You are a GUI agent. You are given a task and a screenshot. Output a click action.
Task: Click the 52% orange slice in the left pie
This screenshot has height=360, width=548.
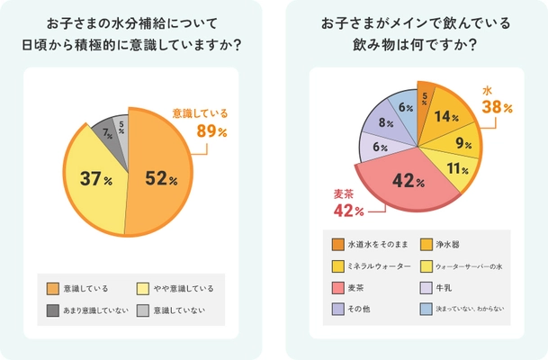(166, 180)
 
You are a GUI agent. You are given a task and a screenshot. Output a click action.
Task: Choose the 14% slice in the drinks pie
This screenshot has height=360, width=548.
(444, 116)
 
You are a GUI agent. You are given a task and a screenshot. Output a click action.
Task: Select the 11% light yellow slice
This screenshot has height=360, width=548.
(458, 168)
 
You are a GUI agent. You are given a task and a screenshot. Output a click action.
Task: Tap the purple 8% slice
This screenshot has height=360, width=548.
(385, 121)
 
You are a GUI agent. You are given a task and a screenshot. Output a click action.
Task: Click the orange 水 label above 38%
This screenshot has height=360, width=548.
(487, 92)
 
